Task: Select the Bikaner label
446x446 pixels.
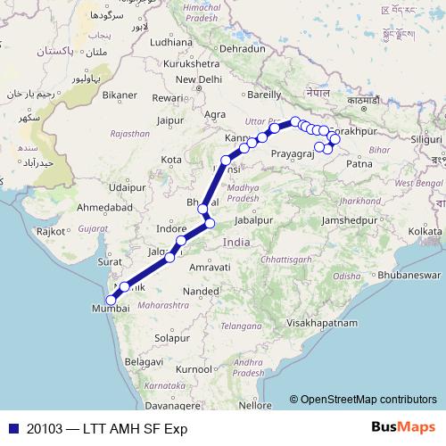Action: (x=120, y=93)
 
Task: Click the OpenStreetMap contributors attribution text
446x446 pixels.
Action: (x=368, y=400)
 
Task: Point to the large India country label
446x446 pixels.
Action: (x=236, y=243)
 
